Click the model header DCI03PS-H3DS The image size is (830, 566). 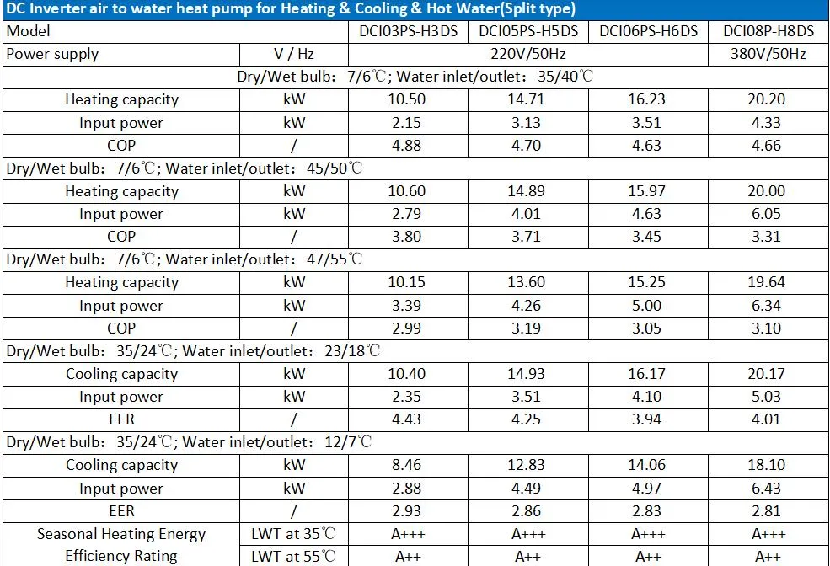click(x=407, y=31)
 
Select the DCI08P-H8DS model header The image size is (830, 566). click(x=768, y=31)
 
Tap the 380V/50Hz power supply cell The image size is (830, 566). click(x=768, y=54)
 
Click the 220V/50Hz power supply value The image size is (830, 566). click(x=527, y=54)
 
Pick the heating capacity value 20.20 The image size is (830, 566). click(x=768, y=99)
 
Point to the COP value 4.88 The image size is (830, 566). click(x=407, y=145)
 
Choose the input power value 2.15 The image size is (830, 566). click(x=407, y=123)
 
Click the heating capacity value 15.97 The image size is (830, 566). click(x=647, y=191)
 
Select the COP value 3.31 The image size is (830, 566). click(x=768, y=237)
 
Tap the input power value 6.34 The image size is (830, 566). click(x=768, y=305)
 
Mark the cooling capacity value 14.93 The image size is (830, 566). click(x=527, y=374)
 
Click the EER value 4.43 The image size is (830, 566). click(x=407, y=419)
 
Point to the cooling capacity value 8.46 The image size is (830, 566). click(x=407, y=465)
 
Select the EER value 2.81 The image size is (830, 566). click(x=768, y=510)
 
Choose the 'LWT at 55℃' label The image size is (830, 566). click(x=293, y=556)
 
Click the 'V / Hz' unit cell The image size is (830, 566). click(x=293, y=54)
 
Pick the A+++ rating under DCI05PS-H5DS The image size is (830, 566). click(x=527, y=534)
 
